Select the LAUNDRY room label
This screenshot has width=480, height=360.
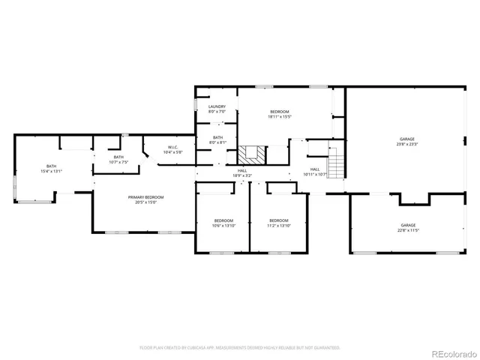[217, 109]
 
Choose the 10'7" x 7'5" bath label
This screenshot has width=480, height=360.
[118, 159]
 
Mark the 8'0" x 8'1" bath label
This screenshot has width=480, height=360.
[217, 139]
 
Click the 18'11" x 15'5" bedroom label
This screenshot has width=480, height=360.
[280, 114]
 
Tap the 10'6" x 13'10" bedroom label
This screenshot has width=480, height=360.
[224, 223]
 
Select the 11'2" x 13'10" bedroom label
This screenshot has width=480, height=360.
[278, 223]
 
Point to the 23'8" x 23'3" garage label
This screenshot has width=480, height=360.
[407, 142]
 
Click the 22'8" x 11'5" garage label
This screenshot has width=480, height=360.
[408, 227]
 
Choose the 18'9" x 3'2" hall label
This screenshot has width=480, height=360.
[242, 173]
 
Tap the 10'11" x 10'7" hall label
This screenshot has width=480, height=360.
[315, 172]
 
